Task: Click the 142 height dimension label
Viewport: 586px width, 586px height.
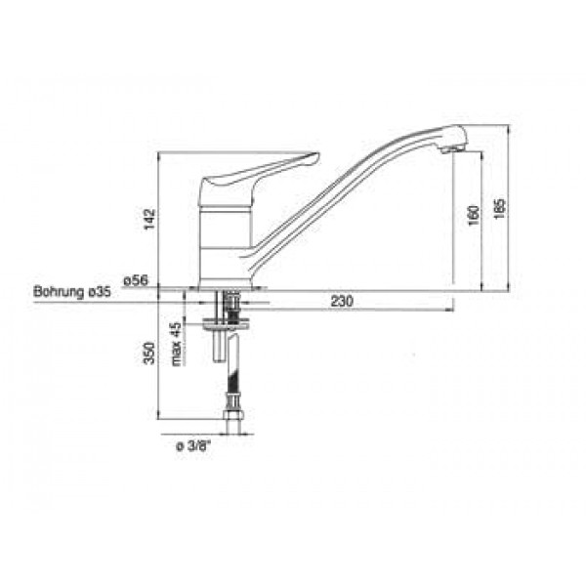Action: point(149,220)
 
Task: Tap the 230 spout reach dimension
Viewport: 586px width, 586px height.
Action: point(342,301)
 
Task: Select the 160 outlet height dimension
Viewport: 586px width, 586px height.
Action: point(474,215)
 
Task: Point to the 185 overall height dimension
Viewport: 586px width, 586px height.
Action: point(500,208)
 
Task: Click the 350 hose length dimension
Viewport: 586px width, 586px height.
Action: point(149,353)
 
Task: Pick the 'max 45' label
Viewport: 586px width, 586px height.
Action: point(176,344)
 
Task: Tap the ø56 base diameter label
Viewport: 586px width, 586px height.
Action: point(136,280)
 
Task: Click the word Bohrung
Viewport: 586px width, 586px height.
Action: point(59,291)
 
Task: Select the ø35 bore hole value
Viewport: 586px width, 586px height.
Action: point(100,291)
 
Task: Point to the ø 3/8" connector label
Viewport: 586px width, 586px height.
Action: point(193,446)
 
